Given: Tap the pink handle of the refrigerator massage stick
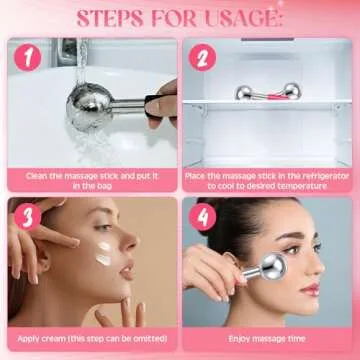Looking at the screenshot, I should pos(275,95).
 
